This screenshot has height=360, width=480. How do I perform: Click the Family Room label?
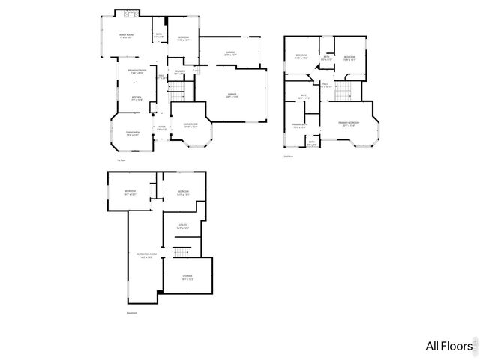tap(126, 36)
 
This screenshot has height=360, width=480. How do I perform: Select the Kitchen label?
tap(136, 97)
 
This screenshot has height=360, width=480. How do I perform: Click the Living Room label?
tap(190, 125)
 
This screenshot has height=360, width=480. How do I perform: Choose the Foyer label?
tap(162, 127)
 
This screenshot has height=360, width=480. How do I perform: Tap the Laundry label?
tap(179, 73)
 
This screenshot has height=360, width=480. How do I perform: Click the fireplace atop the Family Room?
tap(127, 13)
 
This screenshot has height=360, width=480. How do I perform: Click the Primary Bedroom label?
tap(348, 123)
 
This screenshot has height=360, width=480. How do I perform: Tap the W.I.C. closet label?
tap(304, 96)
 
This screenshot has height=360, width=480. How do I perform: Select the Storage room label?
tap(187, 277)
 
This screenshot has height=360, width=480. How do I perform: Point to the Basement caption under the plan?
tap(131, 312)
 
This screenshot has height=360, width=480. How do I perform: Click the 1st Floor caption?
tap(121, 160)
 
